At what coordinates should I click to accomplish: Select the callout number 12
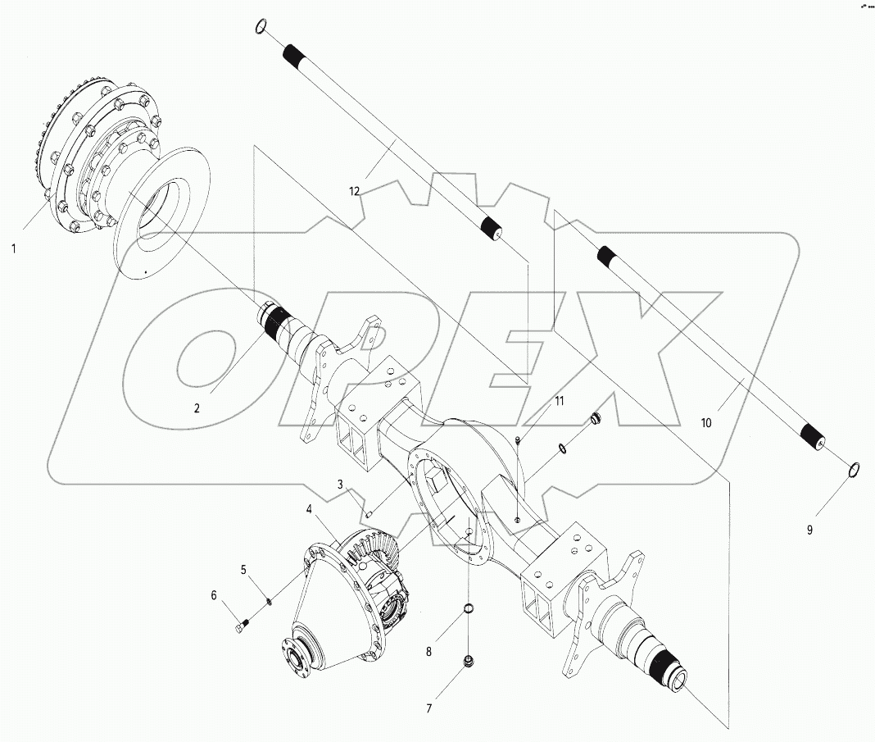[354, 192]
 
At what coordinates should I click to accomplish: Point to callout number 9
[809, 530]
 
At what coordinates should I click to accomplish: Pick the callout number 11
[560, 401]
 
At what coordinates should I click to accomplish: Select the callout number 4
[309, 509]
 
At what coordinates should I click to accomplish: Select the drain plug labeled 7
[469, 661]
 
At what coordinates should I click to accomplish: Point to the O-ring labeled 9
[852, 468]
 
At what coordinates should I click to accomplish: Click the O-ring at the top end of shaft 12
[261, 26]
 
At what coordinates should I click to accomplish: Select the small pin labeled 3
[369, 514]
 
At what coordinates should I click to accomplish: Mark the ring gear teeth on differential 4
[369, 545]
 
